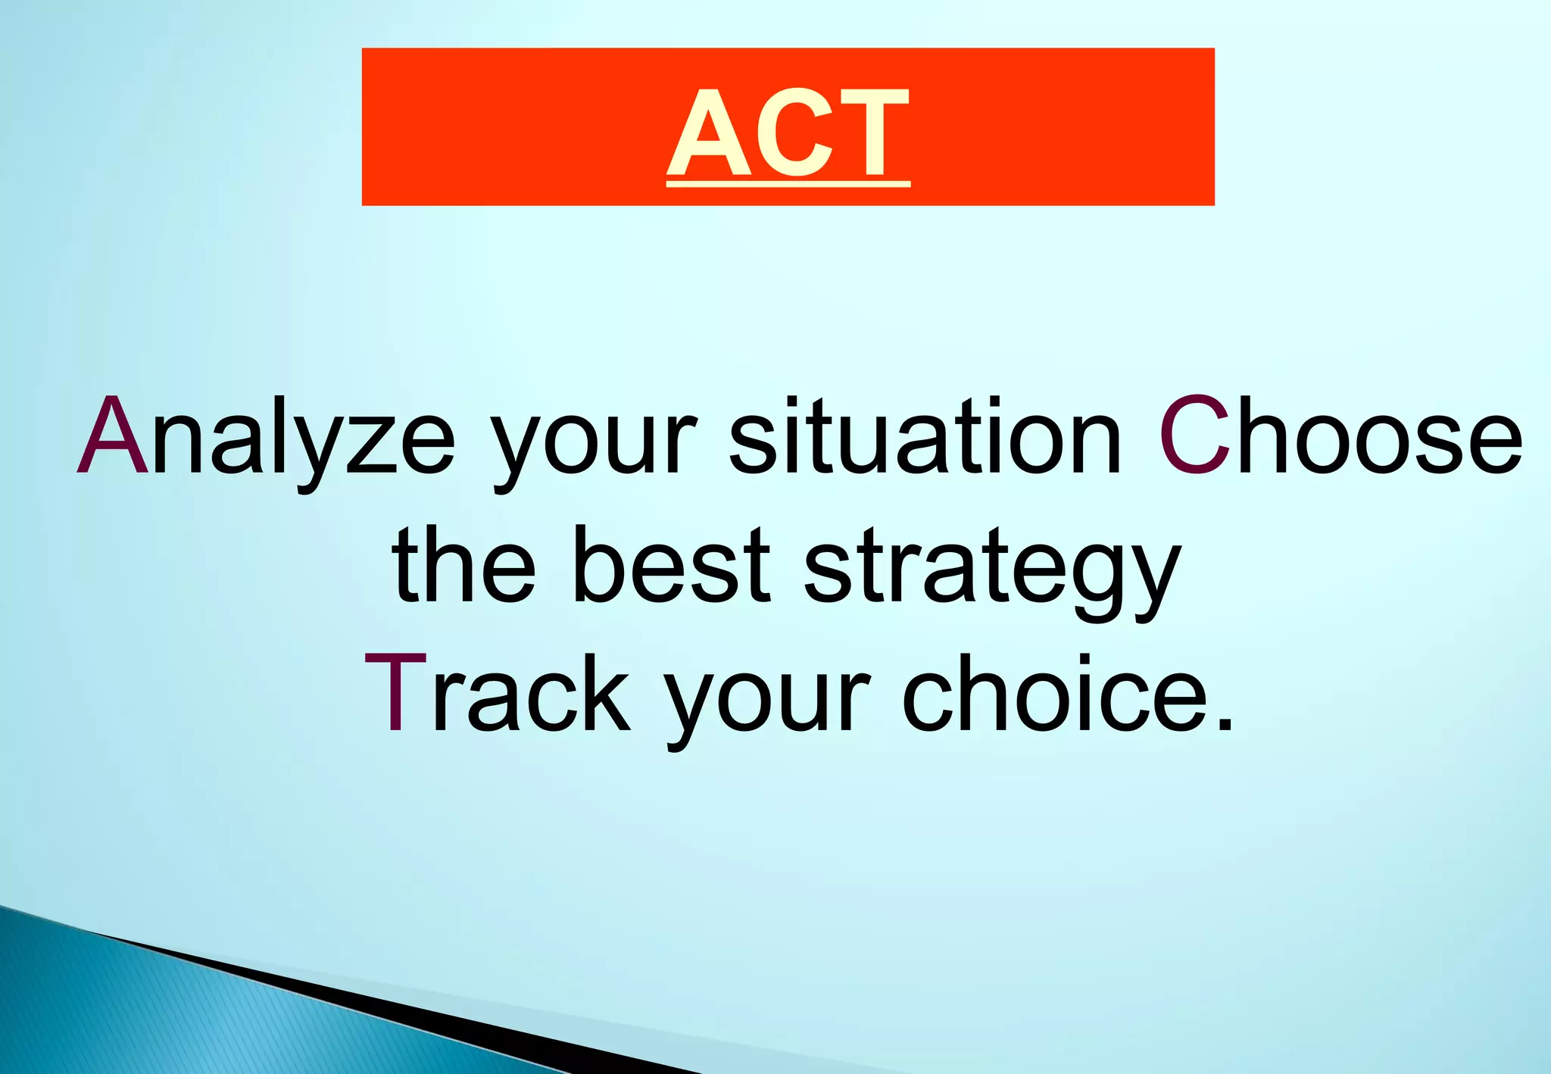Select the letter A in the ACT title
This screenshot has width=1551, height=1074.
(709, 133)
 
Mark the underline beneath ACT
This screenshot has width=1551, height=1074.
(788, 183)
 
